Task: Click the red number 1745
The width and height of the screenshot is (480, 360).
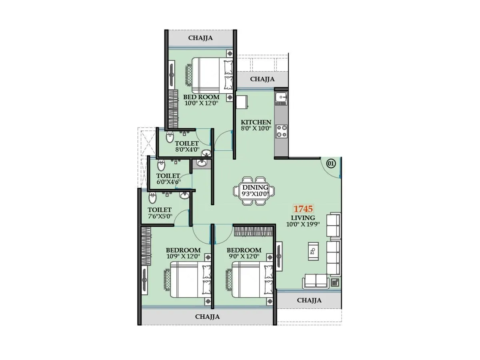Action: [x=303, y=208]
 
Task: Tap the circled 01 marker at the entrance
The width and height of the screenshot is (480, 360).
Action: [x=330, y=163]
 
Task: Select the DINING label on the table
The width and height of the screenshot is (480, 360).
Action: [x=255, y=188]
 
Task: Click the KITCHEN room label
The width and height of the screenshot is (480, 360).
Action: [x=256, y=122]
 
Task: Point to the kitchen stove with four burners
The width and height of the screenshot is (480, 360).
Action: [x=281, y=131]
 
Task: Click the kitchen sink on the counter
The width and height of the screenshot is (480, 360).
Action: [x=281, y=98]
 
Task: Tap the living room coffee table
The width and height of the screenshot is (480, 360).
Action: [x=313, y=251]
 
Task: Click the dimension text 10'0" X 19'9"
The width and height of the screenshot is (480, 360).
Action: [x=303, y=224]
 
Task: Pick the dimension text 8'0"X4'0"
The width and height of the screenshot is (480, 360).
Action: [x=187, y=150]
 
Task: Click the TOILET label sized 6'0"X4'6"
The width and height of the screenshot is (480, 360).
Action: [x=168, y=176]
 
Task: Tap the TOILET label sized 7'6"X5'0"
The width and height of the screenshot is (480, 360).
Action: [x=160, y=210]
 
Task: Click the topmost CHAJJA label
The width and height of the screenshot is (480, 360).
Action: [x=200, y=38]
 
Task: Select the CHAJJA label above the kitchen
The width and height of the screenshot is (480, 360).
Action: [x=262, y=79]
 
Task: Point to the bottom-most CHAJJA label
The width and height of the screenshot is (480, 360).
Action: [x=207, y=316]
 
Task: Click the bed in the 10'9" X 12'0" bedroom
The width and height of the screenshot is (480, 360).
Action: [x=188, y=280]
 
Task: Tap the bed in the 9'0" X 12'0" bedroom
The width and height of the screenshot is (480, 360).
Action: [x=250, y=280]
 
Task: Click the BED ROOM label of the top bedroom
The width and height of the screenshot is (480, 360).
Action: [x=201, y=97]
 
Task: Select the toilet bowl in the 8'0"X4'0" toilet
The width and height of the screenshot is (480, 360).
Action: [x=170, y=136]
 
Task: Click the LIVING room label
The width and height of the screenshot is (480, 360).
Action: [x=303, y=218]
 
